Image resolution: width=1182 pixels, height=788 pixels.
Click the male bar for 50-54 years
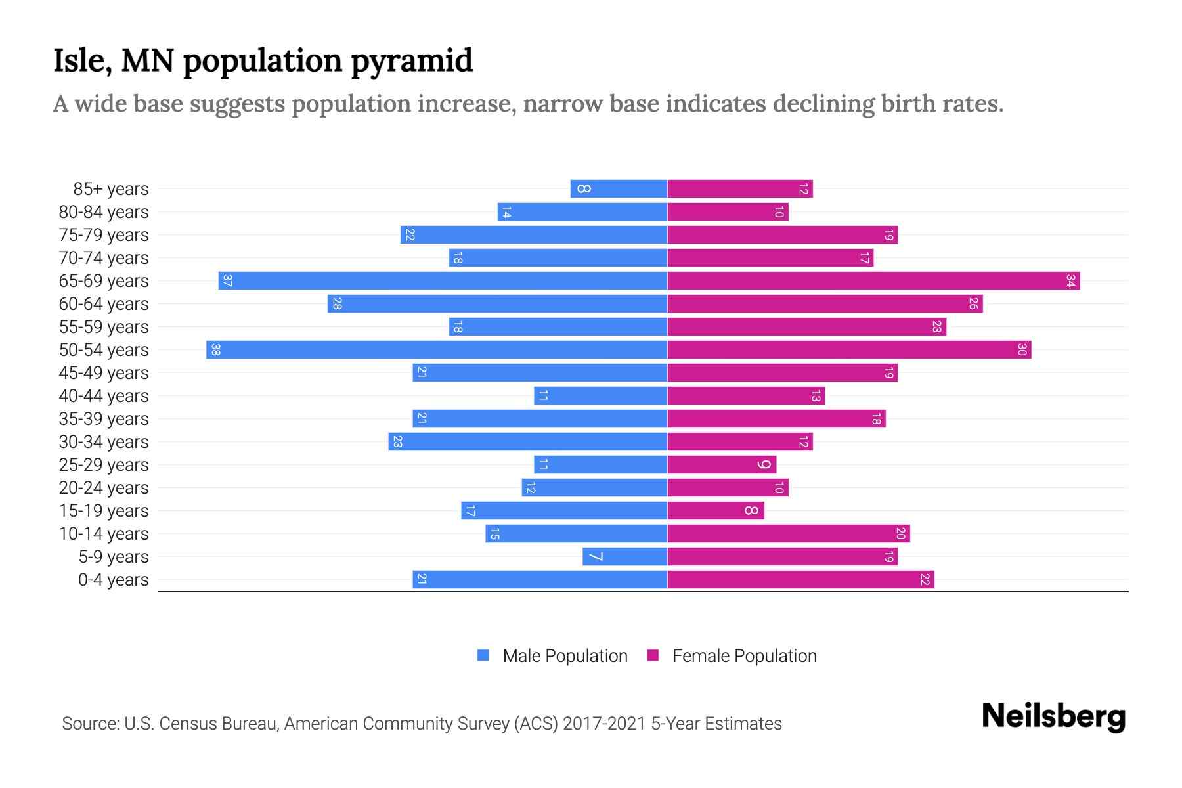437,350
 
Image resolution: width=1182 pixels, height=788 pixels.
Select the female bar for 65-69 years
873,281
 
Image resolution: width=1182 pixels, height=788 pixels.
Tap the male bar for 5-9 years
624,557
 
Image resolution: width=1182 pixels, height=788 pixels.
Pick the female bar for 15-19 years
716,511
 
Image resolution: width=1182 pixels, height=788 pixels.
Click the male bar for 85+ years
619,189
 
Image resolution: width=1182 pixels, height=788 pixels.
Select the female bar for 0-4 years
800,580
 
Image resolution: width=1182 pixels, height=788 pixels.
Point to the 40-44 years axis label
104,396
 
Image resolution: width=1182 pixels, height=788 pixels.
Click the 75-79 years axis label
104,235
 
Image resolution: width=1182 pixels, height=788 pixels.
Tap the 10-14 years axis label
104,534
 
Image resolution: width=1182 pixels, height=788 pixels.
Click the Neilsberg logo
1053,716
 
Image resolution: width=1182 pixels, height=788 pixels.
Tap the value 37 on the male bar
227,281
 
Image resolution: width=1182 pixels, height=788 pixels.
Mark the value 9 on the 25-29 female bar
764,465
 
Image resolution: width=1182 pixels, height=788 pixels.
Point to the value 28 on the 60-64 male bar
337,304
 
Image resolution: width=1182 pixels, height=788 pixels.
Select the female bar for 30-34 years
740,442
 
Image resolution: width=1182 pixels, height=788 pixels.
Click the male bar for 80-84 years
582,212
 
